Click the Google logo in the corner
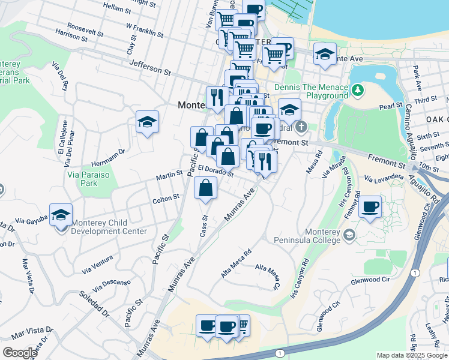click(x=20, y=353)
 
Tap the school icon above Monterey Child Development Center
click(x=61, y=215)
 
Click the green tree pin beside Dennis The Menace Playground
click(x=358, y=90)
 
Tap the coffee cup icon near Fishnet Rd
click(x=370, y=207)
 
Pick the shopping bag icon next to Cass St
click(x=206, y=188)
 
